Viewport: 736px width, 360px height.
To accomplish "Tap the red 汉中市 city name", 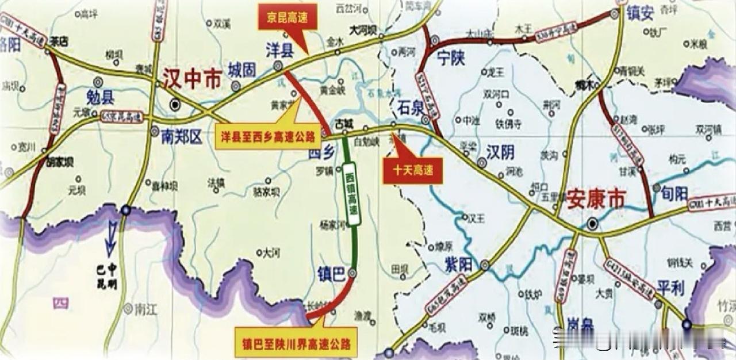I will (192, 79).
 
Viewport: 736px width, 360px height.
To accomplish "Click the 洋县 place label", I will (279, 49).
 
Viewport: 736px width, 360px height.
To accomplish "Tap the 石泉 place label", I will (410, 105).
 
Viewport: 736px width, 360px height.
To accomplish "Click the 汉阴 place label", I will (500, 152).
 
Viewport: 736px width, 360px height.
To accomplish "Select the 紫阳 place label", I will (458, 264).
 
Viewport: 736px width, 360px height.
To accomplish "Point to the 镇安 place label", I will (640, 13).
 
